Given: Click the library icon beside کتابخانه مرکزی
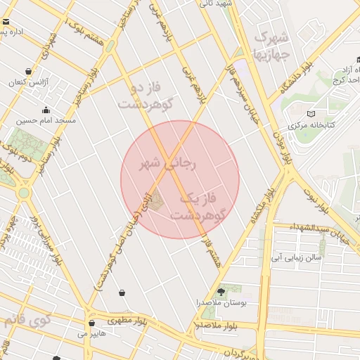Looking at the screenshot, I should [x=311, y=114].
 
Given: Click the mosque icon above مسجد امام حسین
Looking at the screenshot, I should [x=46, y=110].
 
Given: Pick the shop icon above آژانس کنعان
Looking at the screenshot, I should [x=29, y=72].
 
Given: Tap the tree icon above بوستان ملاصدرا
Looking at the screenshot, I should [x=222, y=290].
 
